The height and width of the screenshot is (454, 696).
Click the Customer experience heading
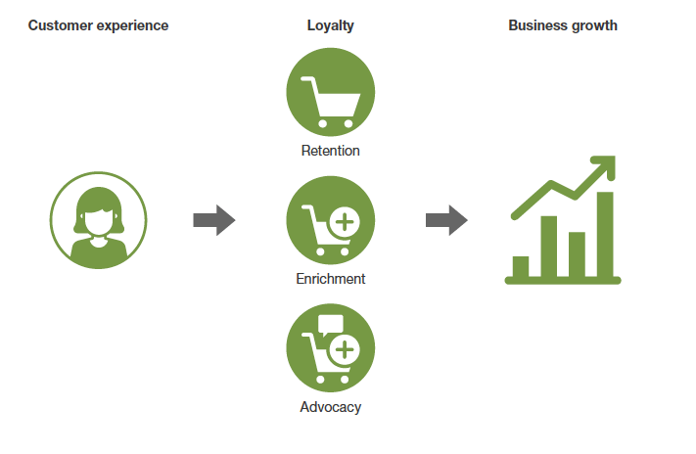click(98, 25)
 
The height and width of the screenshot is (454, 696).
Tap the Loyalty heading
click(330, 25)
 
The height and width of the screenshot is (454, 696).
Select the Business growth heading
click(563, 25)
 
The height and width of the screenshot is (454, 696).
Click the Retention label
click(330, 151)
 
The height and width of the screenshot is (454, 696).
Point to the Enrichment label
click(330, 279)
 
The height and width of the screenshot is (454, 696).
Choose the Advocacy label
click(330, 407)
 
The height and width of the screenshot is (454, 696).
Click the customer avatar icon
click(99, 220)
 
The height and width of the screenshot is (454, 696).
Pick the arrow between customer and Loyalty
click(214, 220)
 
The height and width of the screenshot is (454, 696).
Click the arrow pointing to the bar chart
click(446, 220)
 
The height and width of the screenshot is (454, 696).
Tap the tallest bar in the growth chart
click(605, 235)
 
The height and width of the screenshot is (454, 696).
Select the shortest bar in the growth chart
click(521, 266)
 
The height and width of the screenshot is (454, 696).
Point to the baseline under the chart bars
click(563, 282)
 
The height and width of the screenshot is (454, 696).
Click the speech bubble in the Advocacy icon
click(331, 326)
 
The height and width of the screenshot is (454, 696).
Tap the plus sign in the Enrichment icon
click(344, 222)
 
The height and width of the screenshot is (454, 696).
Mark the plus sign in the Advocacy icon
click(344, 349)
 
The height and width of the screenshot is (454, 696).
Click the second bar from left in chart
click(549, 247)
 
